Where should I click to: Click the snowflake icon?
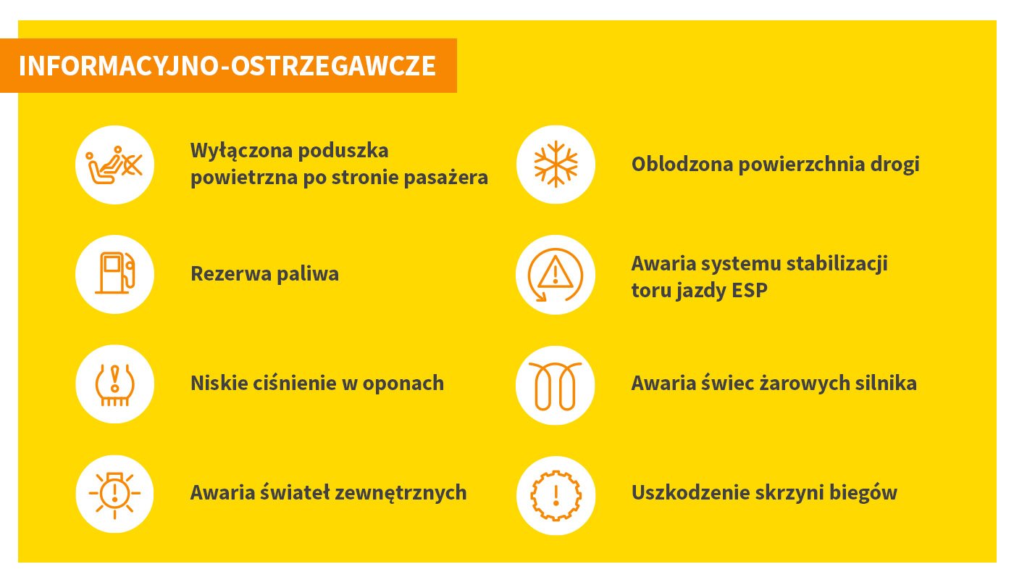[556, 164]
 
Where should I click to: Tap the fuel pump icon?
[115, 273]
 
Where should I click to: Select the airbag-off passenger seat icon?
[114, 165]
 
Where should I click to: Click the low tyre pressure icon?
[114, 384]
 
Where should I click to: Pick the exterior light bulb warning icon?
[114, 494]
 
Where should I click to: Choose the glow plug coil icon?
[555, 386]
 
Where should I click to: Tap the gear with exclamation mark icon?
[556, 495]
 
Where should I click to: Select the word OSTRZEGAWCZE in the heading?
[333, 66]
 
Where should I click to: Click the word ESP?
[749, 290]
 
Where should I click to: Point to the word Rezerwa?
[231, 274]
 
